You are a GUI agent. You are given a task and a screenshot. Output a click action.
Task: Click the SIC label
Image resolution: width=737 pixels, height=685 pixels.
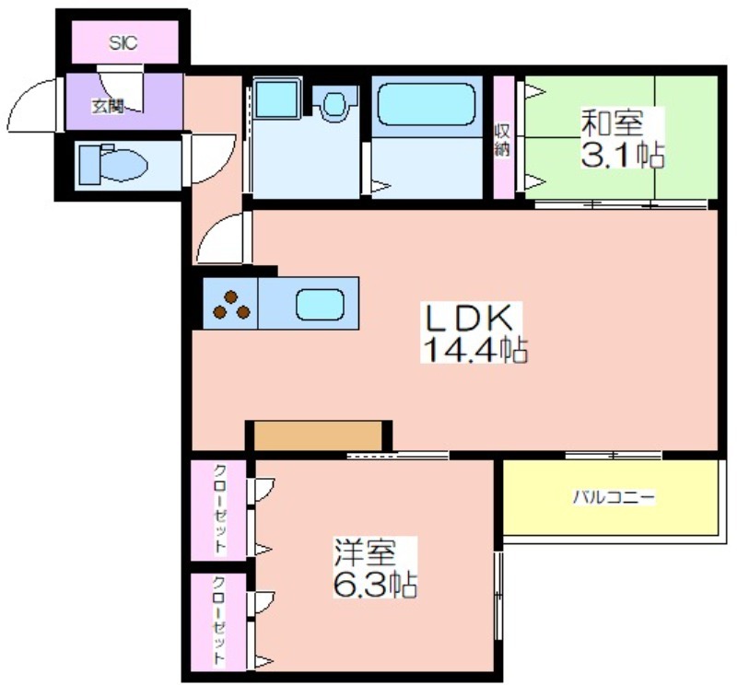pos(123,43)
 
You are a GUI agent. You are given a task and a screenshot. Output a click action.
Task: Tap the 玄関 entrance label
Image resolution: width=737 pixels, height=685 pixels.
pos(107,107)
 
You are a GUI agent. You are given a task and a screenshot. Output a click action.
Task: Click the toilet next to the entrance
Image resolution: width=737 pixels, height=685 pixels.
pos(113,165)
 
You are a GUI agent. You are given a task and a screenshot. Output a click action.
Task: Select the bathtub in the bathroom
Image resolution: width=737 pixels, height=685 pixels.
pos(427,104)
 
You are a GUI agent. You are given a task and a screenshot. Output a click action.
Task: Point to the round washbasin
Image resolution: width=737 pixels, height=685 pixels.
pos(334,103)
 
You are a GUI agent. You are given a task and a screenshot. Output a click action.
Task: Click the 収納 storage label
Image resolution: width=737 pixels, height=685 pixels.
pos(502,140)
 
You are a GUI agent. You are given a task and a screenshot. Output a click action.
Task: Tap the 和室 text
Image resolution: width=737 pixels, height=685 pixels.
pos(612,123)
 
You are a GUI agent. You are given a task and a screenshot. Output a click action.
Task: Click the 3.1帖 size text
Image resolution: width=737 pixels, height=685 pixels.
pos(623,154)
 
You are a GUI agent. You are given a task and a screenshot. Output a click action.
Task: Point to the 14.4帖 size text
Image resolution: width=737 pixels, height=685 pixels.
pos(474,350)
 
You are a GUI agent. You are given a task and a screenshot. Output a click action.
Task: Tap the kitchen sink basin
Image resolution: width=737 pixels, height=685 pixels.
pos(320,304)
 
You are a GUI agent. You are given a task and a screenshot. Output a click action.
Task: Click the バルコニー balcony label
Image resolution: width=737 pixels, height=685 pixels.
pos(613,497)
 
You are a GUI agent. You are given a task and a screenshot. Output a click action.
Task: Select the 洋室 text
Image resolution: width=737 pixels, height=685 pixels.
pos(365,552)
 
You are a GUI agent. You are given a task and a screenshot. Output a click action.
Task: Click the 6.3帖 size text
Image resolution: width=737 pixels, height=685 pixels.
pos(375,583)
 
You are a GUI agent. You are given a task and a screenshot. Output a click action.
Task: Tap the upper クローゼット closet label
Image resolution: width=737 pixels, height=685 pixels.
pos(219,508)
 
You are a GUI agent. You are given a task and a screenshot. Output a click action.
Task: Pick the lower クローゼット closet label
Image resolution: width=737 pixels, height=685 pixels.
pos(219,621)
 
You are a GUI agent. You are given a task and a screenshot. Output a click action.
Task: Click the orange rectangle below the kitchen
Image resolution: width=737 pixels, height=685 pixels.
pos(318,435)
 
